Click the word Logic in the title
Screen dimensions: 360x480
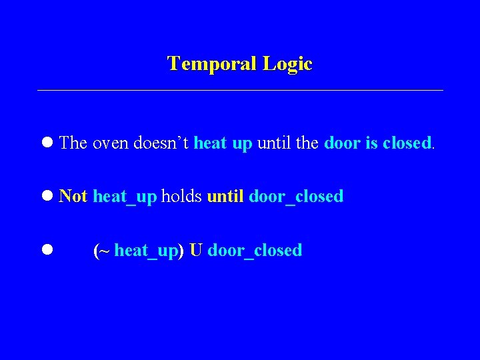(287, 64)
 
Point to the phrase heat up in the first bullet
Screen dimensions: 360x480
(223, 143)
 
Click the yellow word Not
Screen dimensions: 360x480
(73, 196)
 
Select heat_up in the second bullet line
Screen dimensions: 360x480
(125, 197)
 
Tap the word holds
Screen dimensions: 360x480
(181, 196)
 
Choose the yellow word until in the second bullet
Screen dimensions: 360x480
(225, 196)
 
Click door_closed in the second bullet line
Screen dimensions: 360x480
(295, 197)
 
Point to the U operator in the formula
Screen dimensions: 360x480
(195, 250)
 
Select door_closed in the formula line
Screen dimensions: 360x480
(255, 251)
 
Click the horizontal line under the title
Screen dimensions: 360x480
(240, 90)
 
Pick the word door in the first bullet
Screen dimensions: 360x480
(341, 143)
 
